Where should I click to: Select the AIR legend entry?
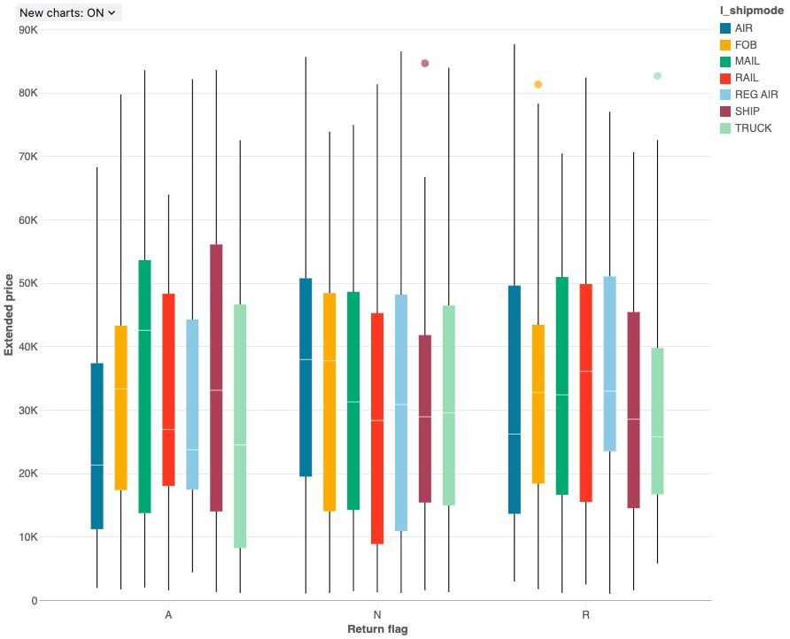tap(744, 28)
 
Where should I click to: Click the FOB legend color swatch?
tap(726, 44)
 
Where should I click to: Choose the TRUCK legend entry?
tap(753, 128)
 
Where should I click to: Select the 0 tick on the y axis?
tap(34, 601)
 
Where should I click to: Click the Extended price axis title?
tap(9, 315)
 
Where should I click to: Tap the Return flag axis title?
tap(377, 629)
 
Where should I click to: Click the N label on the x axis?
tap(377, 614)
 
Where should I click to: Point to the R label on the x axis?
tap(585, 614)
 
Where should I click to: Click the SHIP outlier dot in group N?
tap(425, 64)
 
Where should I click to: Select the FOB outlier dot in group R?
tap(538, 85)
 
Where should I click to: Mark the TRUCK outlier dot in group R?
tap(657, 76)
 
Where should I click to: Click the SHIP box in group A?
tap(216, 378)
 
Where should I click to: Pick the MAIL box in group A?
tap(144, 387)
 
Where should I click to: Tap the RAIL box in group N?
tap(377, 428)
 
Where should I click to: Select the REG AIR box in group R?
tap(609, 364)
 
